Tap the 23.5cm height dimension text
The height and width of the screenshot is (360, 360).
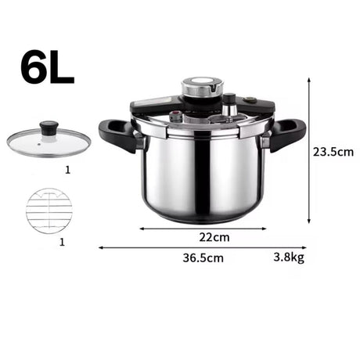[333, 152]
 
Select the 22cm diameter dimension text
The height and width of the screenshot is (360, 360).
[214, 237]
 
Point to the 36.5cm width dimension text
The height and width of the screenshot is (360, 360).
[203, 257]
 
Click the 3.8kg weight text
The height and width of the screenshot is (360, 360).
[289, 257]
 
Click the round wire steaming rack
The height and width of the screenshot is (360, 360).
[49, 211]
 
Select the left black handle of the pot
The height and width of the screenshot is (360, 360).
[118, 135]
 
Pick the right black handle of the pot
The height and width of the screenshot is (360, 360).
[287, 135]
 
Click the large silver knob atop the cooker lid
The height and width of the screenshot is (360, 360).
[203, 86]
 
